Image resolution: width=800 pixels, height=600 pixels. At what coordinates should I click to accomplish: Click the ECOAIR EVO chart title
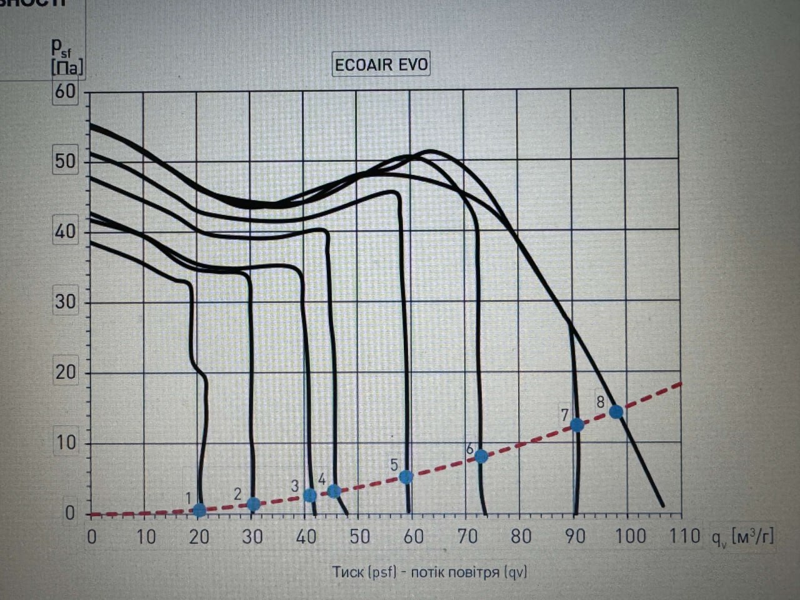tap(381, 65)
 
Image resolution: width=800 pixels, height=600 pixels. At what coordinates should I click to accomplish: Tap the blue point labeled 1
tap(199, 510)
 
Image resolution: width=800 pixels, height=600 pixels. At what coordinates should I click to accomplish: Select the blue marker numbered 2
tap(253, 504)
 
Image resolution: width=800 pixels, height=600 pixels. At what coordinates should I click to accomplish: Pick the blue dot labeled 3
tap(309, 496)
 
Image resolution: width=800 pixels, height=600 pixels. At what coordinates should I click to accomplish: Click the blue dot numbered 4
tap(334, 491)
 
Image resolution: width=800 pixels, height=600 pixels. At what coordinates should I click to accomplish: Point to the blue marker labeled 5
tap(406, 477)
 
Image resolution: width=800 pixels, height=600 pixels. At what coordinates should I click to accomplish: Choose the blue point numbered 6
tap(481, 456)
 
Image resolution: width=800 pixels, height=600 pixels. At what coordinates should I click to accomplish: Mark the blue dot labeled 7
tap(577, 425)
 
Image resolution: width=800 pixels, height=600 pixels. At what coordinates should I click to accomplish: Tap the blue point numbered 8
tap(616, 411)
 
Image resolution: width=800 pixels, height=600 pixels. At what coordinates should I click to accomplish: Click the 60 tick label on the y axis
tap(65, 91)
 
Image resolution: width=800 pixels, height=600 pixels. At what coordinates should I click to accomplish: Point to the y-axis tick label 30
tap(65, 302)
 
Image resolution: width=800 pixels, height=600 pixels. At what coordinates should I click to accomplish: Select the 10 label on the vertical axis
tap(65, 443)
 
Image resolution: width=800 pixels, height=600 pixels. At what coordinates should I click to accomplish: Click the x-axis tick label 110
tap(685, 536)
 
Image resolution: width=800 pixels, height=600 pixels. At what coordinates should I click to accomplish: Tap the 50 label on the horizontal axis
tap(359, 536)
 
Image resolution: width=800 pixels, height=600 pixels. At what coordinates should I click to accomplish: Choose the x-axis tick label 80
tap(521, 536)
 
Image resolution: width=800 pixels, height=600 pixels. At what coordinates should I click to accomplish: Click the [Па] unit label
tap(66, 67)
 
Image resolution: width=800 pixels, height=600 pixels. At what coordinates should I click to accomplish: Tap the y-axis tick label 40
tap(65, 232)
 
